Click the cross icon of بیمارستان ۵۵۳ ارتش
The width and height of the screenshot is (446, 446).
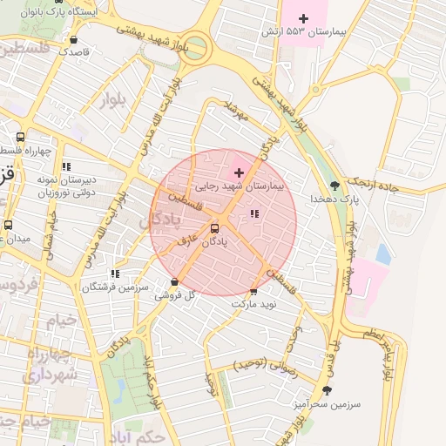303,18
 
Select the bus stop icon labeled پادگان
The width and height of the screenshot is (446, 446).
214,229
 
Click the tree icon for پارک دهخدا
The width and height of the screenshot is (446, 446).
335,185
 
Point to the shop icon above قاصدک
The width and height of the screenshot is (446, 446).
73,39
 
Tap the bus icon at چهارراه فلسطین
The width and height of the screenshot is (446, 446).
20,137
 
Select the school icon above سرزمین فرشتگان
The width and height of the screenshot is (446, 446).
115,274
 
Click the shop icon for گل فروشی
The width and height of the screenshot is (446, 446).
176,281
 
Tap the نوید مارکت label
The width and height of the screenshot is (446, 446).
253,304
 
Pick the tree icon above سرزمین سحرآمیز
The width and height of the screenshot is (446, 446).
327,390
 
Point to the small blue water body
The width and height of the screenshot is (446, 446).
383,254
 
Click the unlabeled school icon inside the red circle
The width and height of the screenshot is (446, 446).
254,213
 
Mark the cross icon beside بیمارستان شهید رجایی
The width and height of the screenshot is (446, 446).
240,173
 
